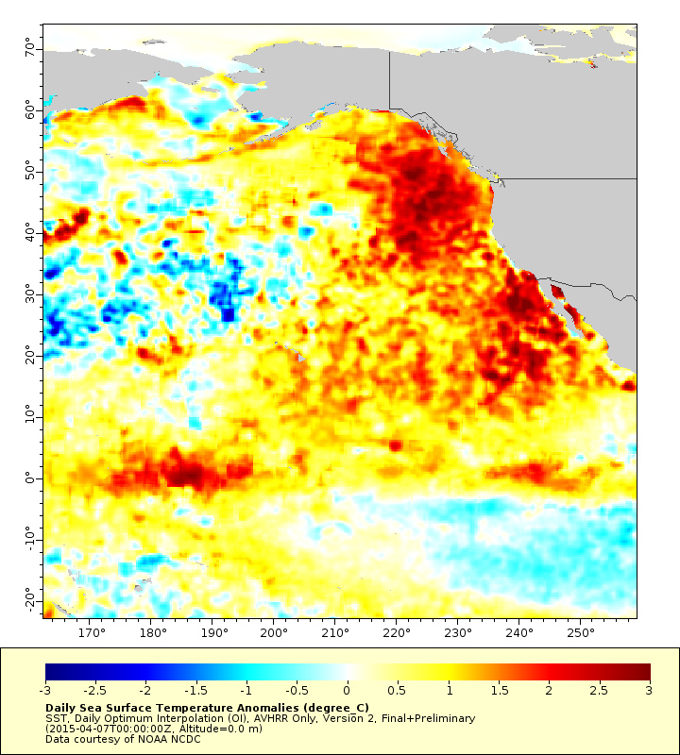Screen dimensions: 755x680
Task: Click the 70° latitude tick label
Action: (x=29, y=46)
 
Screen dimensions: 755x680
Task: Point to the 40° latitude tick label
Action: (x=29, y=231)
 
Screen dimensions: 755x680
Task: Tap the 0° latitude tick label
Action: (x=31, y=478)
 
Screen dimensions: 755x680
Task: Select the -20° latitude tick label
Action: (x=27, y=600)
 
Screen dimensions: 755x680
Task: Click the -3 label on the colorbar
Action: (x=44, y=691)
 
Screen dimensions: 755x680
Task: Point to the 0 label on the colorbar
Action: (x=348, y=691)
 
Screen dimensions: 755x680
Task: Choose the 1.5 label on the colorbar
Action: (x=499, y=691)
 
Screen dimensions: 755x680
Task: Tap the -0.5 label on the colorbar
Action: (x=297, y=691)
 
